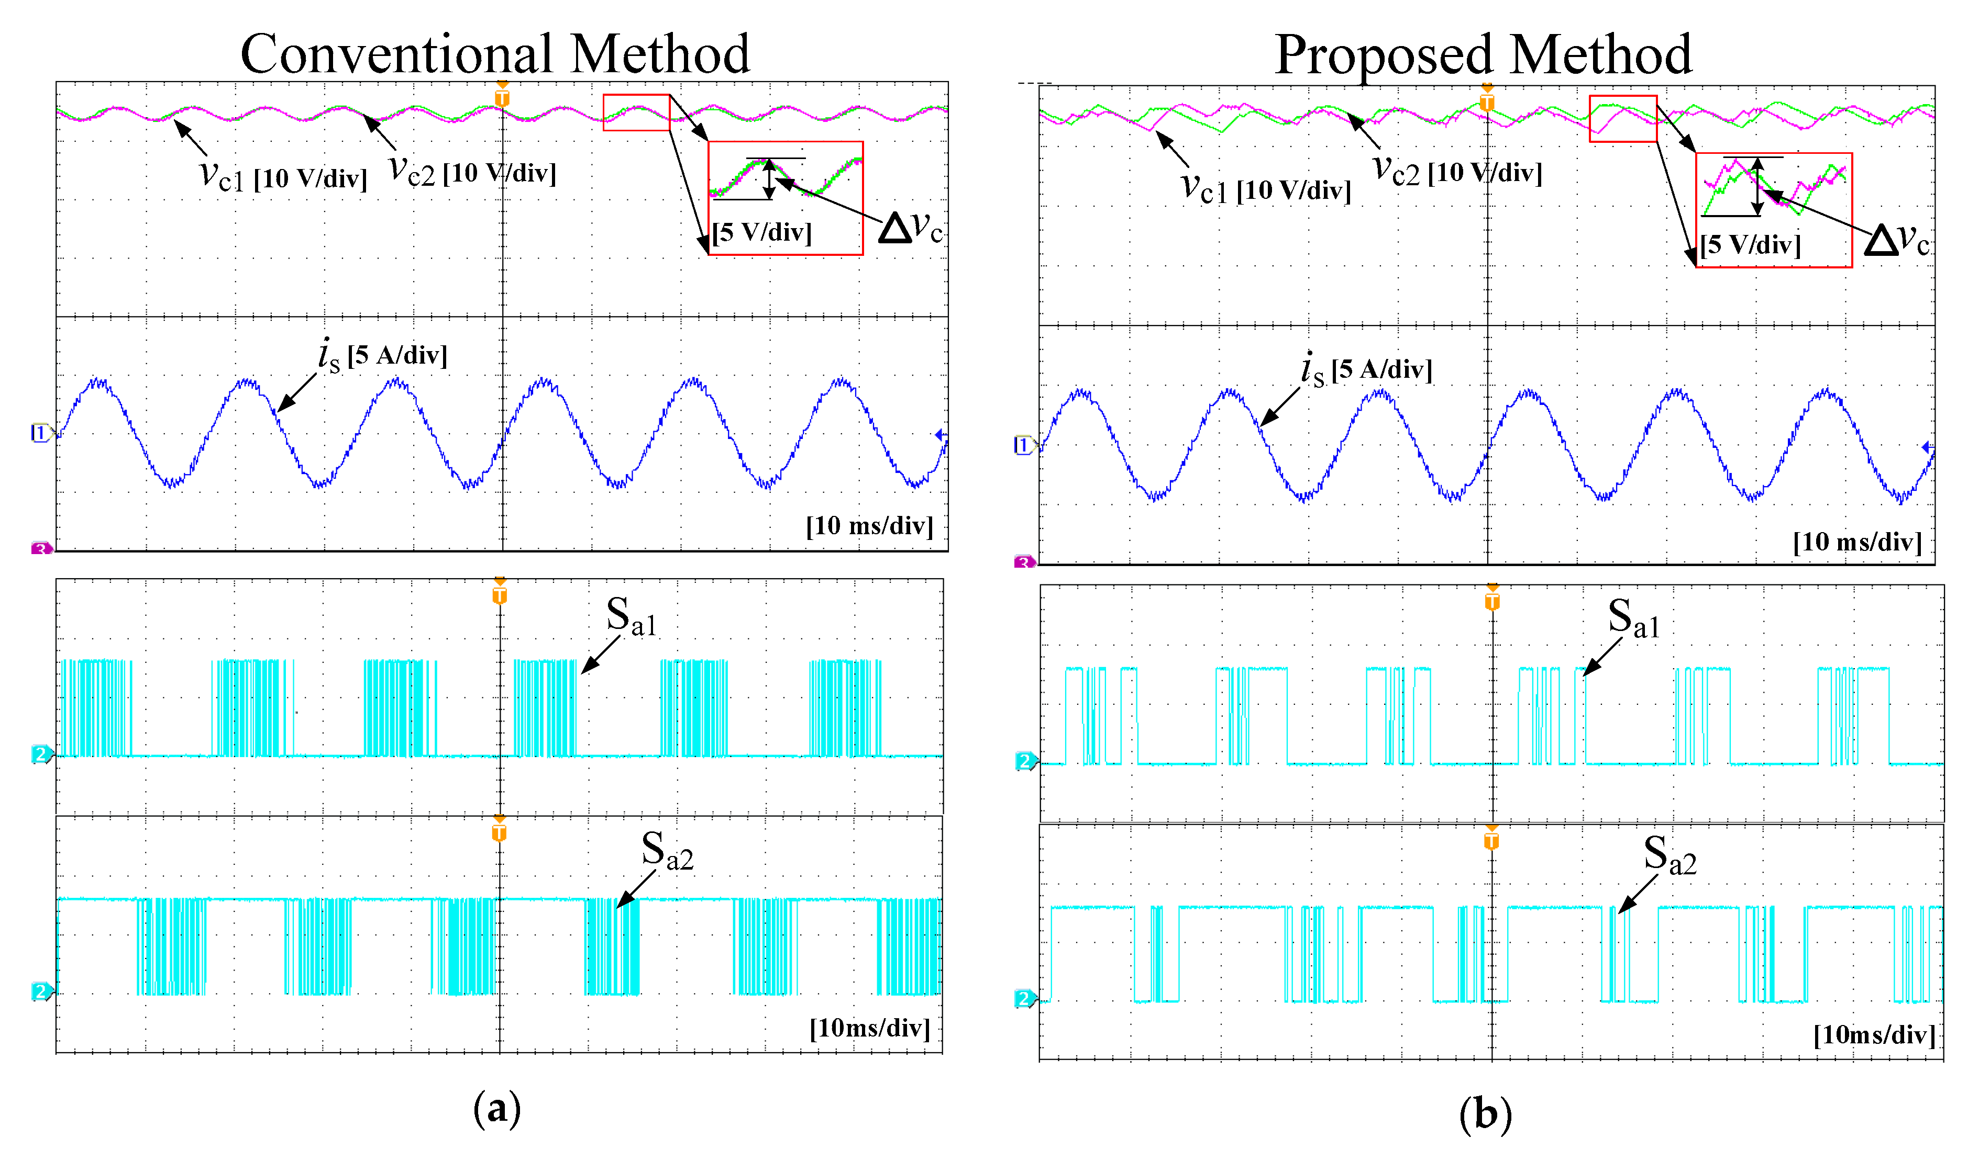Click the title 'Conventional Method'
(x=495, y=55)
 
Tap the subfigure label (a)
(x=496, y=1109)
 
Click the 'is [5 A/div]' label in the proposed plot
(x=1366, y=369)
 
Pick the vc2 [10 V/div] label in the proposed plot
(x=1457, y=171)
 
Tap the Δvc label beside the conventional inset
(x=910, y=228)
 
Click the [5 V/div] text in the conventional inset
(x=762, y=232)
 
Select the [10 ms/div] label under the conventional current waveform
(x=869, y=526)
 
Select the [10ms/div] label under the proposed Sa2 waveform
(x=1874, y=1035)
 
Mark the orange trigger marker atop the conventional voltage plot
(x=502, y=97)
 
